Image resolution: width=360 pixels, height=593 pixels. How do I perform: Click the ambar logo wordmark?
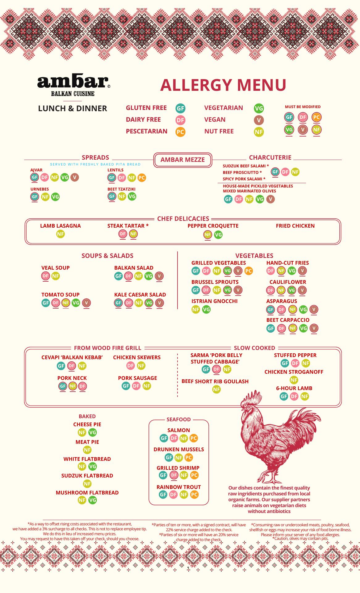[73, 82]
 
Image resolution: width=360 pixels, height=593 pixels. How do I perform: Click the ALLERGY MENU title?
[223, 85]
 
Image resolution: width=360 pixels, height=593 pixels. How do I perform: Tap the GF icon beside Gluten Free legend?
[180, 108]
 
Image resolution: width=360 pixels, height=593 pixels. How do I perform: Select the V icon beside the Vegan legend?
[259, 120]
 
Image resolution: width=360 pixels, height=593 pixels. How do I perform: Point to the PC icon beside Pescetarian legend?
[180, 132]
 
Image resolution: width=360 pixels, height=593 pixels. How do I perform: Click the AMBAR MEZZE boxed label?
[182, 160]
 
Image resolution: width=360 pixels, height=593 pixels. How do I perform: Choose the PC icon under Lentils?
[142, 178]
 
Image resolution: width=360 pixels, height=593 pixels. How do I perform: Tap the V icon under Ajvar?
[74, 177]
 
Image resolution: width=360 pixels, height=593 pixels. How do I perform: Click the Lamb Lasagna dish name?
[61, 226]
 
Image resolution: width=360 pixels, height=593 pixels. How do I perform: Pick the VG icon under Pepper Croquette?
[218, 235]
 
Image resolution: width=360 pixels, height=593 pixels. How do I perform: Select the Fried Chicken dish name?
[295, 226]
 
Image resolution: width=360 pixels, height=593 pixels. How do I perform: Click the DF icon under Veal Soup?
[45, 276]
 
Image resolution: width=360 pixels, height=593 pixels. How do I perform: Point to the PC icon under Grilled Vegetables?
[248, 271]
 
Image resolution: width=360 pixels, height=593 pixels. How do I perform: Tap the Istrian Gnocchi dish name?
[214, 301]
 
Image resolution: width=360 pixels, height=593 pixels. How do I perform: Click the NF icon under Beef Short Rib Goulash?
[216, 389]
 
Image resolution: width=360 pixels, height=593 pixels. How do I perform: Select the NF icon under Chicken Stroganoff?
[294, 380]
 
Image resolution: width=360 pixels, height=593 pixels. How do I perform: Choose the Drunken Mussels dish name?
[179, 449]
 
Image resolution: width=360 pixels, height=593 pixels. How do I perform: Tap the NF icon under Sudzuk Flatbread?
[87, 484]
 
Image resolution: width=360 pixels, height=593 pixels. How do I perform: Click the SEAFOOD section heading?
[179, 419]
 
